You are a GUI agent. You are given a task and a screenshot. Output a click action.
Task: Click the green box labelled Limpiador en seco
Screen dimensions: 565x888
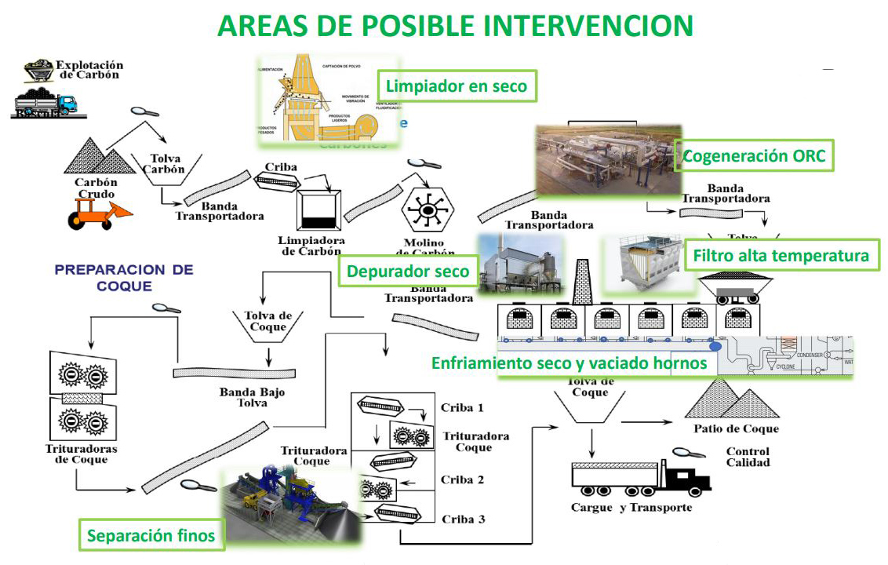click(457, 86)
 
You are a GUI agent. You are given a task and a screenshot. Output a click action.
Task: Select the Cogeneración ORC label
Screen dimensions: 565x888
click(754, 155)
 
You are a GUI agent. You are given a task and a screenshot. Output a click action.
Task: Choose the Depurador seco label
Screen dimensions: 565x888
click(408, 272)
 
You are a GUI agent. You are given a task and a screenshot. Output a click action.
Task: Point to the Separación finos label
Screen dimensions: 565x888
click(151, 537)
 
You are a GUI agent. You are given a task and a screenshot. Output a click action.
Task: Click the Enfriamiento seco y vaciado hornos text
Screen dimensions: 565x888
click(570, 363)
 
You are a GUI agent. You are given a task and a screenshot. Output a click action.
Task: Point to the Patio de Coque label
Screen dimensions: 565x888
click(736, 428)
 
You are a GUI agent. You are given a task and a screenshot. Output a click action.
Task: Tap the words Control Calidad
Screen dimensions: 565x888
click(748, 457)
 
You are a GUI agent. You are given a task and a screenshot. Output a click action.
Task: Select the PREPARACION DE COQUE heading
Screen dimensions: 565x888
click(124, 277)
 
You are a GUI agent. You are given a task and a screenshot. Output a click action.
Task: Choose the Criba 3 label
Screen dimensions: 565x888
click(463, 519)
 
